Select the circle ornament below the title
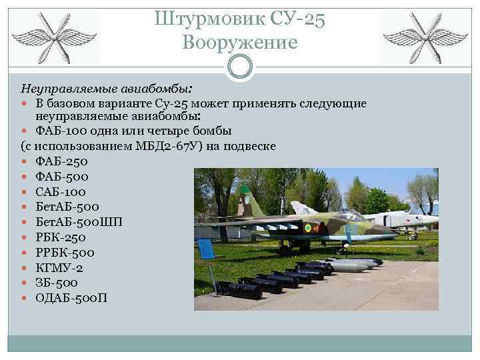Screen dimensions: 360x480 pyautogui.click(x=240, y=65)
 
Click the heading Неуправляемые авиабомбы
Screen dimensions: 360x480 pyautogui.click(x=107, y=88)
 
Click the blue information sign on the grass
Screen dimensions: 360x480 pyautogui.click(x=207, y=249)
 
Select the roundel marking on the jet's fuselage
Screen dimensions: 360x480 pyautogui.click(x=307, y=227)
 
